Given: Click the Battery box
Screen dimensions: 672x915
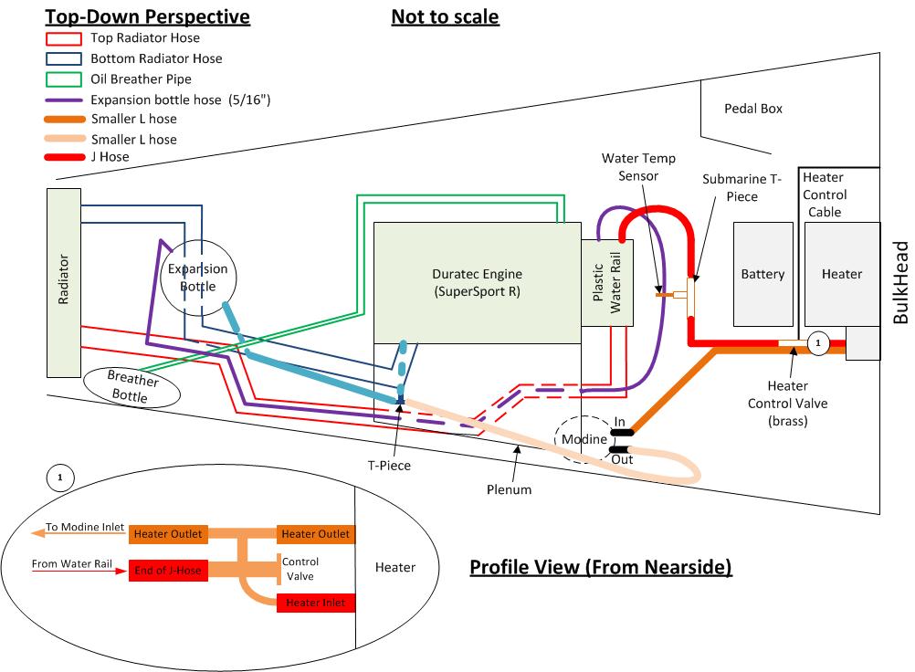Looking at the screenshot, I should tap(762, 274).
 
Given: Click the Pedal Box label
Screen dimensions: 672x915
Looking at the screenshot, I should tap(753, 108).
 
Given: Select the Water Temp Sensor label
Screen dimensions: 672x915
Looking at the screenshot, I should tap(631, 167).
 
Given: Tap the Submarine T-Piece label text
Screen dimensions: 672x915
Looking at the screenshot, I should tap(741, 188).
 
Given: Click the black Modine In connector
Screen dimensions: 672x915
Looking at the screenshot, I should tap(618, 433).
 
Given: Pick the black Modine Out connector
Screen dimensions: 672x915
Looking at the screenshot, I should tap(618, 449).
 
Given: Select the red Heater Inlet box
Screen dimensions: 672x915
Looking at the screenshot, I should tap(315, 604).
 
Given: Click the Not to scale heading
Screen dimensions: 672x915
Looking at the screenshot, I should tap(445, 17).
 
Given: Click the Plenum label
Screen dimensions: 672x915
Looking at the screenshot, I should tap(509, 489).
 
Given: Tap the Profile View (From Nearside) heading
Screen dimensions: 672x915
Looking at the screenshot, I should tap(601, 568).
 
